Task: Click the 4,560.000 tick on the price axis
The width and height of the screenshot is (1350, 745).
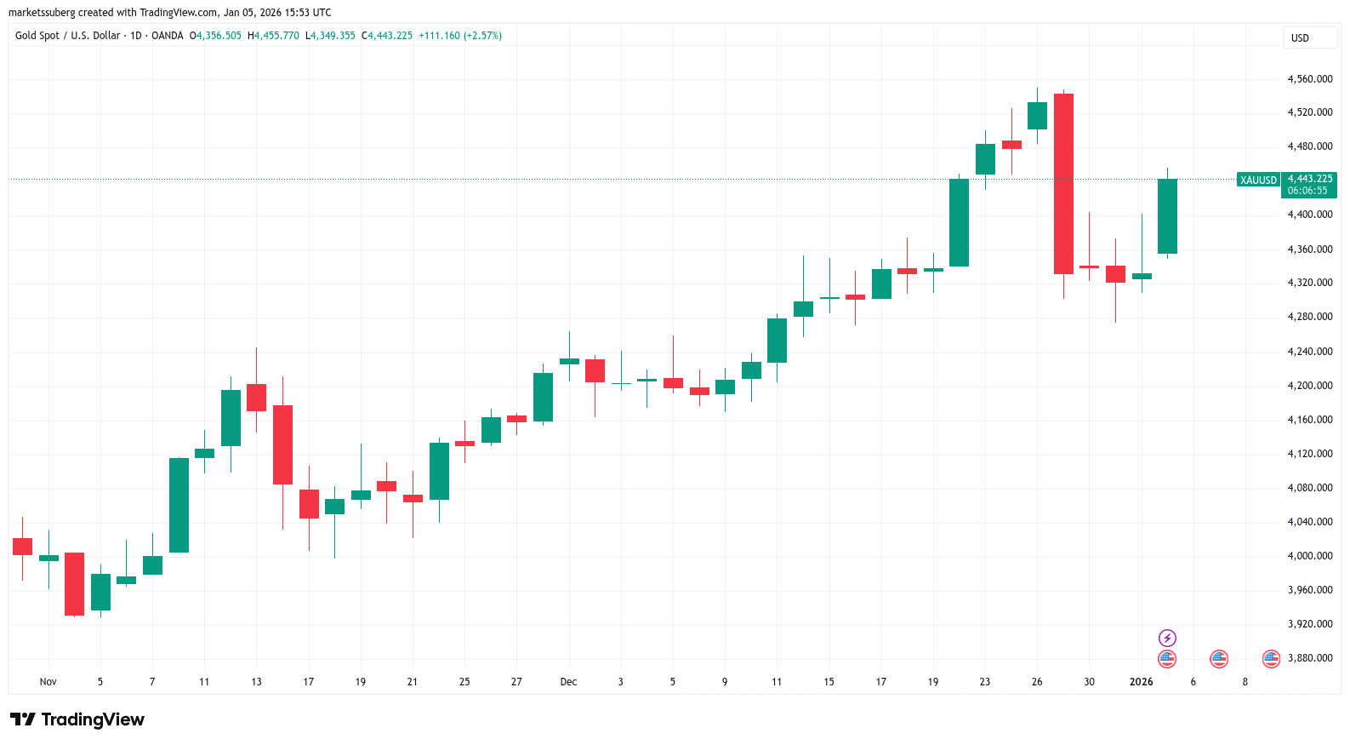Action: click(1309, 79)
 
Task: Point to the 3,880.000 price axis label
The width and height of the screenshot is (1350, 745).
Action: click(1309, 658)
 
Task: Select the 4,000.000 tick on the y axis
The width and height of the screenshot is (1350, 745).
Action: click(1309, 556)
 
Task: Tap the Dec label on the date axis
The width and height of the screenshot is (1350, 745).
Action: click(568, 682)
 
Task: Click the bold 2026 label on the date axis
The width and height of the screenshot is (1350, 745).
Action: click(1141, 682)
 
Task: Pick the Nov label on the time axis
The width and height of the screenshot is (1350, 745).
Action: click(48, 682)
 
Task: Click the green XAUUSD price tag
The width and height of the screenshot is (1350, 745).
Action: click(1258, 181)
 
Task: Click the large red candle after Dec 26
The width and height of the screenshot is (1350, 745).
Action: click(1063, 183)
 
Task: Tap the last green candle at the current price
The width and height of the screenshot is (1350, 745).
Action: click(1167, 216)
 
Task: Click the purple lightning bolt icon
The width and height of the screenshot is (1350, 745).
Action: click(1167, 638)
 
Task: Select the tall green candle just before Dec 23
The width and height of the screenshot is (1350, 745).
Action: click(959, 222)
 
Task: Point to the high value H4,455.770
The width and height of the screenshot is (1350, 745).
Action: click(273, 36)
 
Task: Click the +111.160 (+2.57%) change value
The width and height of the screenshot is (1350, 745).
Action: click(459, 36)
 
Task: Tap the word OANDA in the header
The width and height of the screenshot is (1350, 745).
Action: click(168, 36)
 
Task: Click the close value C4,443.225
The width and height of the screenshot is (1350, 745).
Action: click(387, 36)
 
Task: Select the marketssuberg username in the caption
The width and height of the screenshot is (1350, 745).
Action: click(42, 13)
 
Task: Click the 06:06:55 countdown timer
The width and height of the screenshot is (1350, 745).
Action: click(1307, 191)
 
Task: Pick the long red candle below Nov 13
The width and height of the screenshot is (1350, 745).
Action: click(282, 444)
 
